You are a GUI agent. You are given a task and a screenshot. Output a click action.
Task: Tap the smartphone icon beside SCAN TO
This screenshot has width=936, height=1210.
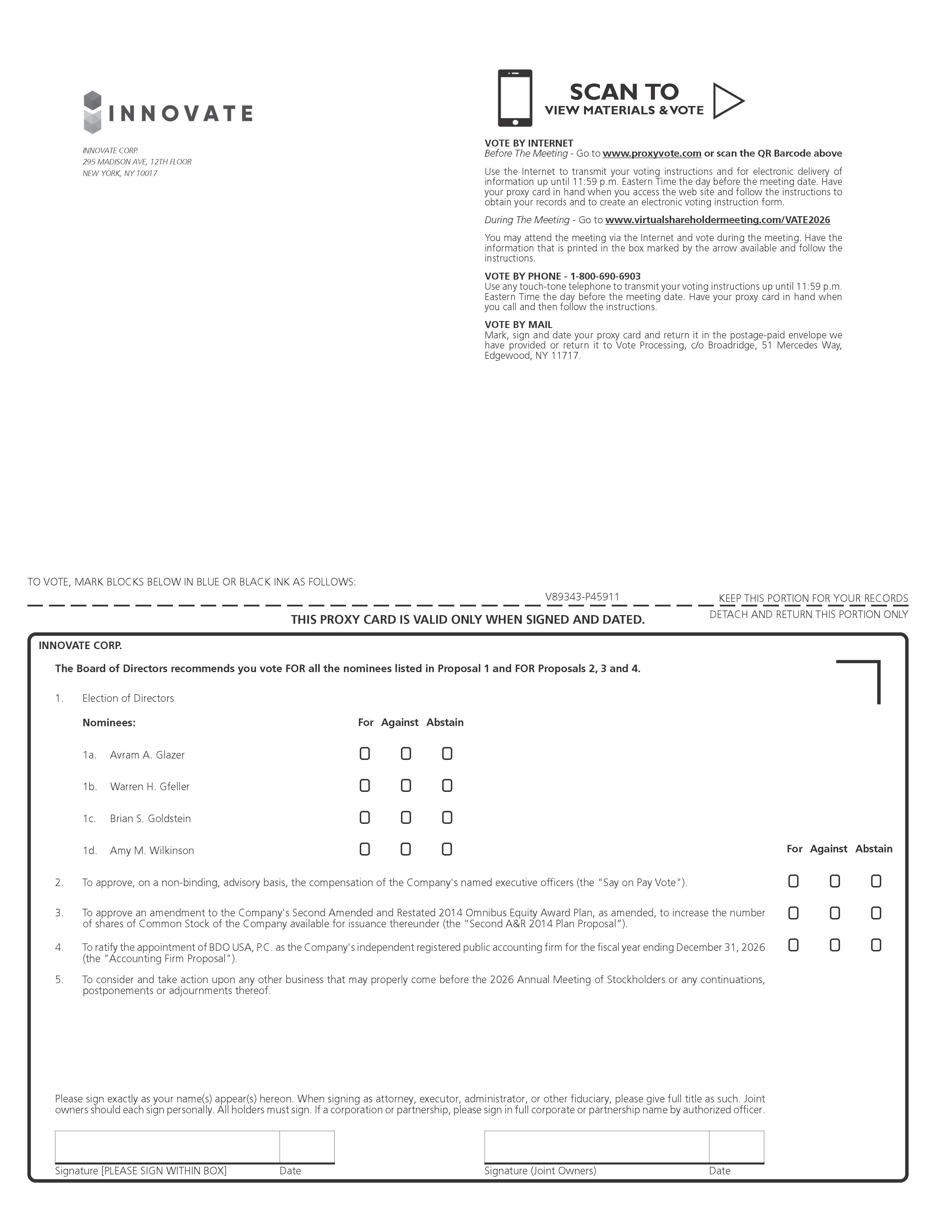515,98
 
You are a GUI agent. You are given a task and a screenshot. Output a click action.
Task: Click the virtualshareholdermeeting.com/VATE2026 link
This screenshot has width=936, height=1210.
717,220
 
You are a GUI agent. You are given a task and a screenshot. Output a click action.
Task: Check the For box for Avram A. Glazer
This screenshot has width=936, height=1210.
364,754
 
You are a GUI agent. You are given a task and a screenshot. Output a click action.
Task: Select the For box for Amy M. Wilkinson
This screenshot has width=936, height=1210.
364,849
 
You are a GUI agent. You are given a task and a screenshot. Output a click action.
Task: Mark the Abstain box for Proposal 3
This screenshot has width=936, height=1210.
875,913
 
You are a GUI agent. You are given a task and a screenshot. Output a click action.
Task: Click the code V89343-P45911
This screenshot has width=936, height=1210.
582,597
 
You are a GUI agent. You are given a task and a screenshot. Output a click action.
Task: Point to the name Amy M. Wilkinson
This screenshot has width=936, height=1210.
152,850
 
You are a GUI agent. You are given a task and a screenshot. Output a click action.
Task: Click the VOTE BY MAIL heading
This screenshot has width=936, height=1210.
518,325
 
